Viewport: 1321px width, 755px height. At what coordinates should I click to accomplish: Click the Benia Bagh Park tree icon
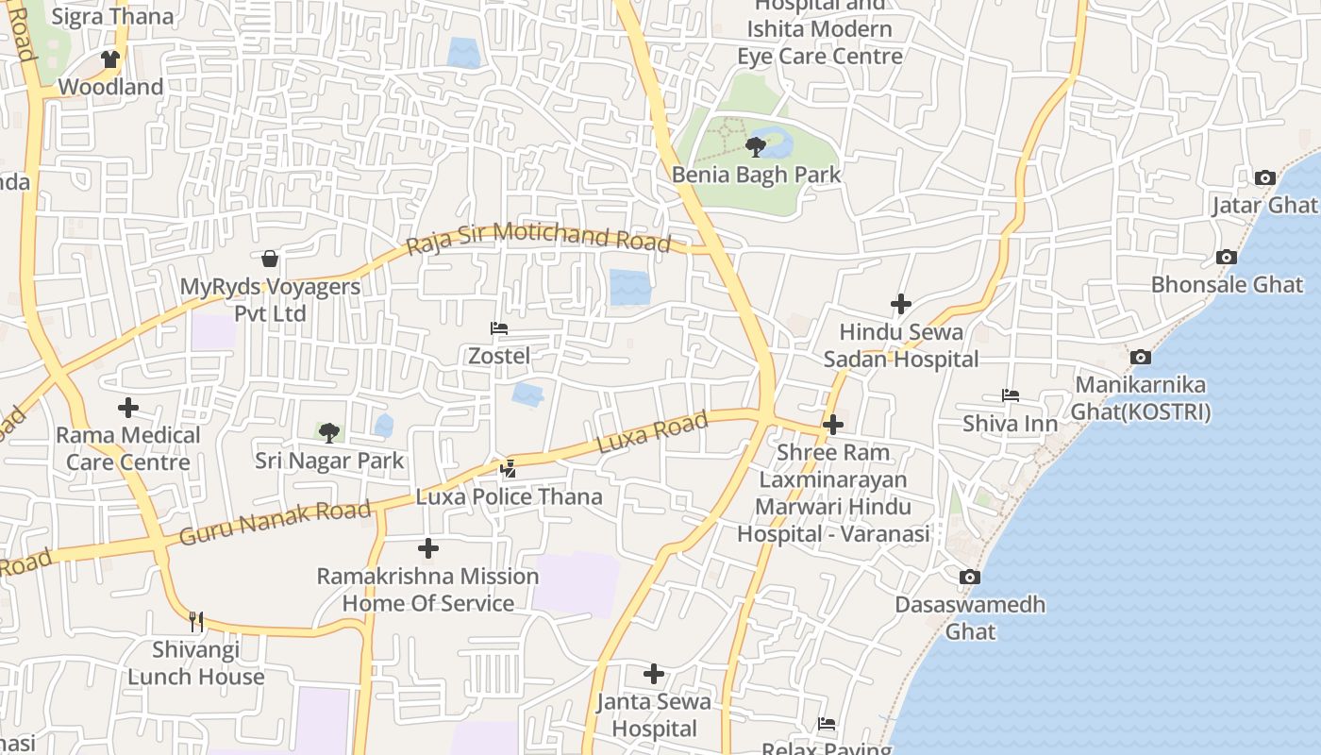[x=755, y=146]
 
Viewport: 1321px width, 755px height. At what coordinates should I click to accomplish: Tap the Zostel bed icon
[x=499, y=328]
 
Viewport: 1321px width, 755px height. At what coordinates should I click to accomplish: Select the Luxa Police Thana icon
[x=509, y=467]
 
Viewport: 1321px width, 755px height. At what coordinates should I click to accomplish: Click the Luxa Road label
[x=652, y=432]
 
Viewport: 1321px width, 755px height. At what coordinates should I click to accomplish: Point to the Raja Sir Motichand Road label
[x=539, y=237]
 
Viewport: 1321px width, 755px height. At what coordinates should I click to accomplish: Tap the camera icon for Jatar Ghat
[x=1264, y=177]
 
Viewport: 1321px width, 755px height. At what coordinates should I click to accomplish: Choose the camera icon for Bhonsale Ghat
[x=1227, y=257]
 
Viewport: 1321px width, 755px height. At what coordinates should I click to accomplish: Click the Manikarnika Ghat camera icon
[x=1140, y=357]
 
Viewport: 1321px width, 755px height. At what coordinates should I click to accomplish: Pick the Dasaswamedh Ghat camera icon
[x=969, y=577]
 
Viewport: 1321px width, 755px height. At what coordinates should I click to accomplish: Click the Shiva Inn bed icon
[x=1011, y=395]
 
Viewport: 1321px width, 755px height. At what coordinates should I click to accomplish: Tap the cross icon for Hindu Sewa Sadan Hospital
[x=901, y=304]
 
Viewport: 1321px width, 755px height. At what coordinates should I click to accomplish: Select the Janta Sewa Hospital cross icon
[x=654, y=674]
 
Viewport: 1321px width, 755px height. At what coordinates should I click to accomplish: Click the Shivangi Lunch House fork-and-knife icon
[x=196, y=621]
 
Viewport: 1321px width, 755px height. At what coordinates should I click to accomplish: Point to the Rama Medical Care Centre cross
[x=128, y=408]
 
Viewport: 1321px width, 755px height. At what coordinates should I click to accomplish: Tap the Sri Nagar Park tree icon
[x=328, y=433]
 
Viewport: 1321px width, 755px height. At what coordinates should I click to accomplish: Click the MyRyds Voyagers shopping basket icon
[x=270, y=258]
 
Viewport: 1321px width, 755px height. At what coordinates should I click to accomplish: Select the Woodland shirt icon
[x=110, y=59]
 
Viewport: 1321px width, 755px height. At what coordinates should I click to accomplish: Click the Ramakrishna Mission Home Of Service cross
[x=428, y=547]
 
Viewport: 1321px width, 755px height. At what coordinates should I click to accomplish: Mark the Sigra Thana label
[x=112, y=16]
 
